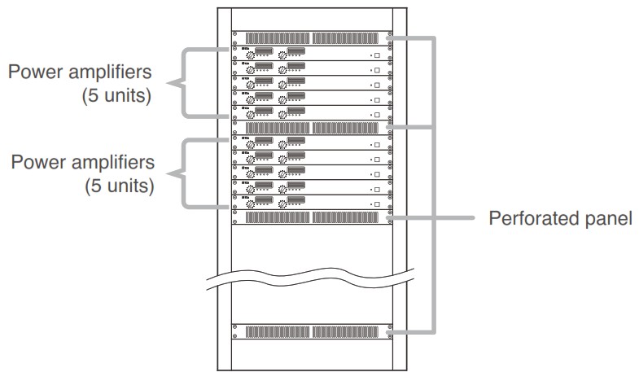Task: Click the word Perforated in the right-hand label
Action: tap(530, 219)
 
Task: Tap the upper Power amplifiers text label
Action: tap(81, 71)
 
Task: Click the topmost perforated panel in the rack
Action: tap(312, 37)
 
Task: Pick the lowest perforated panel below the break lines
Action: tap(312, 332)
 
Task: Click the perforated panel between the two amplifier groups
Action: tap(312, 128)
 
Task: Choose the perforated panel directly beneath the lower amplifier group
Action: tap(312, 217)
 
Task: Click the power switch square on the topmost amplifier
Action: tap(378, 55)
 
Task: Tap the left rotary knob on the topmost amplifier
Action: tap(250, 55)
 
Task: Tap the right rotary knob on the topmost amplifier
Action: tap(282, 55)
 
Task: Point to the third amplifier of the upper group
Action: tap(312, 83)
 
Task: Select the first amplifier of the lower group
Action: tap(312, 142)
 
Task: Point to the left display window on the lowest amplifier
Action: tap(265, 198)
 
